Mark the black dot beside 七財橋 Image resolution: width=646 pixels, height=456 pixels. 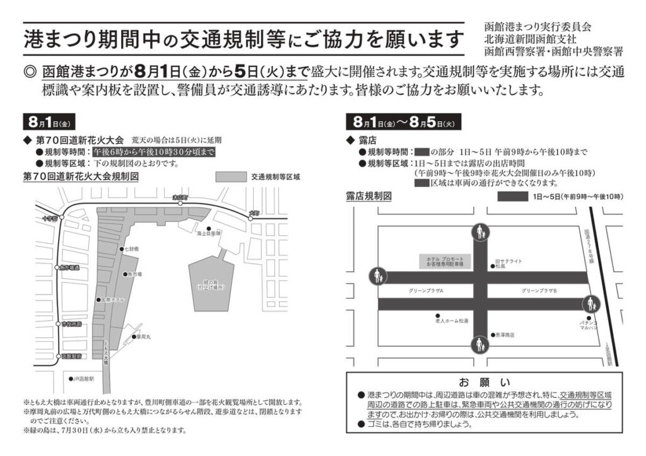pos(121,250)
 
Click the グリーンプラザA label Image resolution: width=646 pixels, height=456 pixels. pos(426,290)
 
